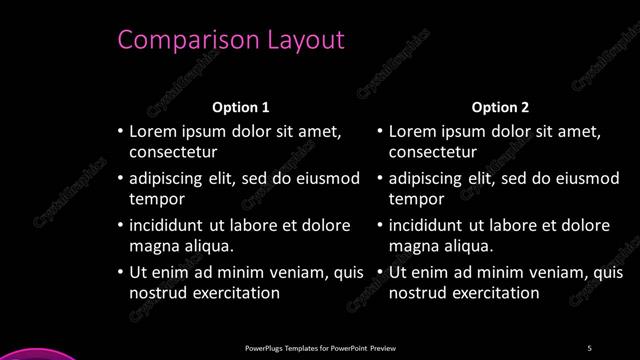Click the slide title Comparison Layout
[231, 40]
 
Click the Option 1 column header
[241, 107]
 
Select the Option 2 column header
[501, 107]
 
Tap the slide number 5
[589, 348]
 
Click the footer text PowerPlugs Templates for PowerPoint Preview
[320, 348]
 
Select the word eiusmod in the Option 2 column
[585, 179]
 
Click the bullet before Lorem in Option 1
[120, 132]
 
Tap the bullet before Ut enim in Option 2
[379, 272]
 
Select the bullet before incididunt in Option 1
[120, 225]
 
